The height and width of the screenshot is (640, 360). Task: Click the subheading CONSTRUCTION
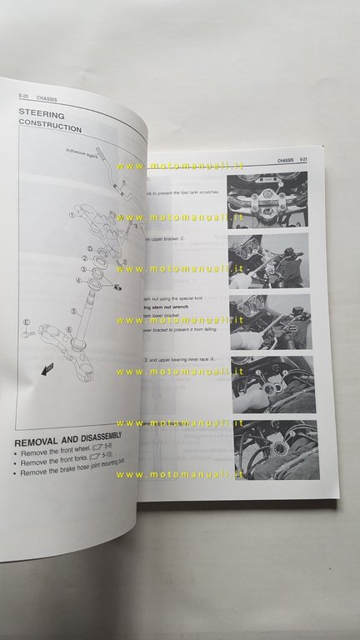coord(50,128)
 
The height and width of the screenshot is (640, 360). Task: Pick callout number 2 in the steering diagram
coord(84,259)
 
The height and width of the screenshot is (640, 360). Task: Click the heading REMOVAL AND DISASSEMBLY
coord(68,436)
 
